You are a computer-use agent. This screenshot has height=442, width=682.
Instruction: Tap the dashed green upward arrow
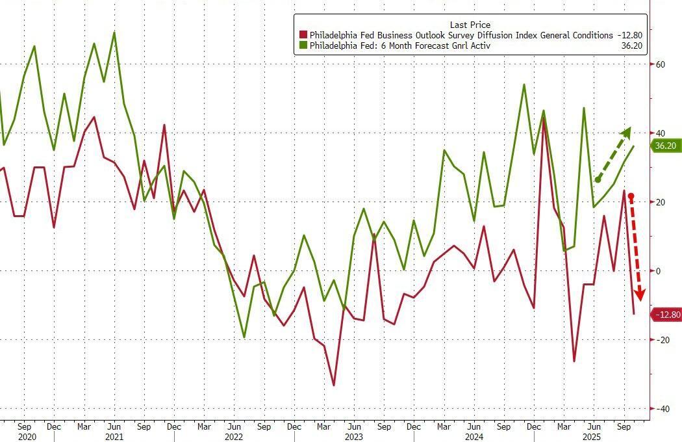[613, 155]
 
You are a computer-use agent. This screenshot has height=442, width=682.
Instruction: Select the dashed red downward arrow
[635, 248]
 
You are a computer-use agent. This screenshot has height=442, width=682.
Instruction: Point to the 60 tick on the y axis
[661, 64]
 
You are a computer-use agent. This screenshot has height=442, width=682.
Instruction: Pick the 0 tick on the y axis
[659, 271]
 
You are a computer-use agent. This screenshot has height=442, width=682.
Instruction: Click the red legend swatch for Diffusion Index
[303, 35]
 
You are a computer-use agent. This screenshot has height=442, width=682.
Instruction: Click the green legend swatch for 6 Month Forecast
[303, 45]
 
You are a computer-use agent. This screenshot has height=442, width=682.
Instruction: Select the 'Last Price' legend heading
[470, 25]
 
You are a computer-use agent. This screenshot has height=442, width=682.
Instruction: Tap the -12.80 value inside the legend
[629, 35]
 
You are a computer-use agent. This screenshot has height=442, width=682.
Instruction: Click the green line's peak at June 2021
[114, 32]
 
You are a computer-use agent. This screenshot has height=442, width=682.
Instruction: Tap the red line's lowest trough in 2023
[334, 385]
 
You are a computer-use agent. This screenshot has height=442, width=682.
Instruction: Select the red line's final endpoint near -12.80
[634, 314]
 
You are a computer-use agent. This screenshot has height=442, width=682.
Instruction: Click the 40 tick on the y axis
[661, 133]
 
